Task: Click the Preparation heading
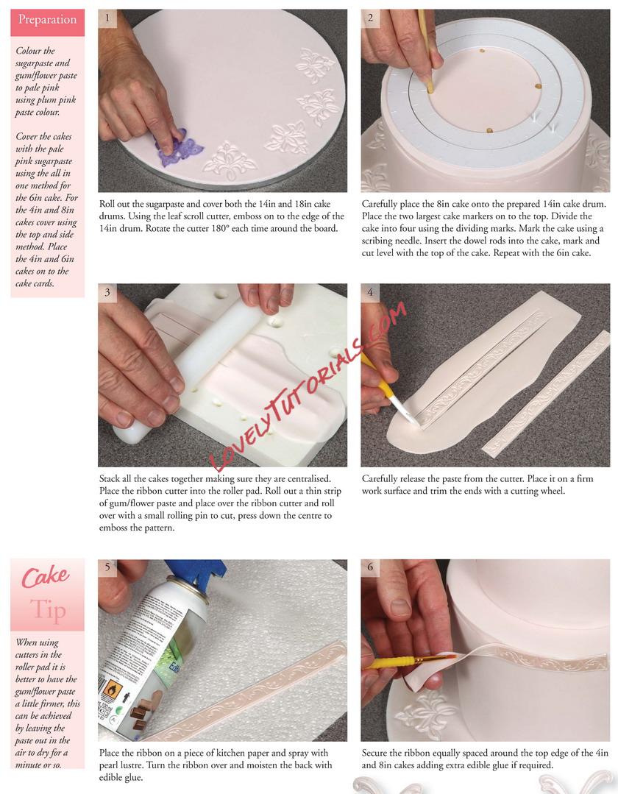[x=47, y=20]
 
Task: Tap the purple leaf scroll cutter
[x=180, y=149]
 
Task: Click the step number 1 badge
[x=107, y=18]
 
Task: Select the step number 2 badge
[x=370, y=18]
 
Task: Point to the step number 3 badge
[x=107, y=292]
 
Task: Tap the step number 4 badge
[x=370, y=292]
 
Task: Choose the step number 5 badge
[x=107, y=567]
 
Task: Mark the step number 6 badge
[x=370, y=567]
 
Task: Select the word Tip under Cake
[x=48, y=609]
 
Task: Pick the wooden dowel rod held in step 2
[x=426, y=51]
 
